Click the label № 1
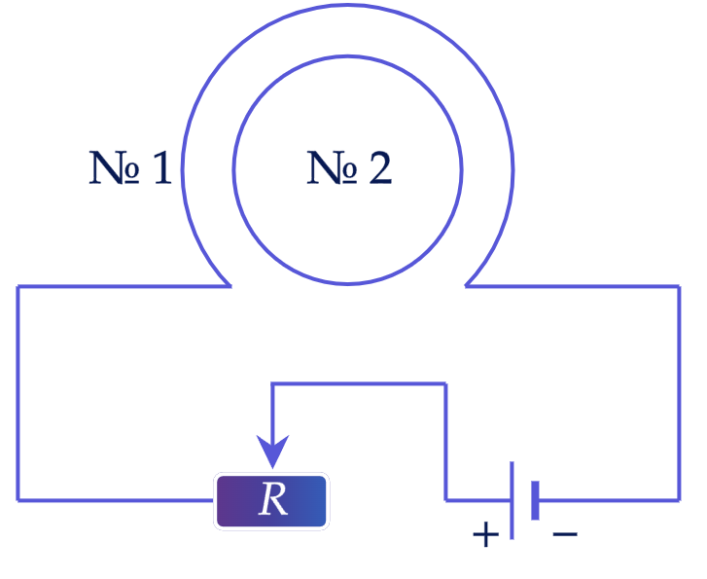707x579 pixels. [130, 167]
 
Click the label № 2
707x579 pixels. [349, 167]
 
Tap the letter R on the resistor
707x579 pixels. [273, 499]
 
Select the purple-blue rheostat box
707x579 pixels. [271, 501]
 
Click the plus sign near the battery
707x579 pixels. [485, 535]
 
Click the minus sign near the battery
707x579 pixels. [565, 534]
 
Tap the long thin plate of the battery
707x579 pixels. [512, 500]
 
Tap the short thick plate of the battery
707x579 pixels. [535, 500]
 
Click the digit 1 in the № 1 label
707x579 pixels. [162, 167]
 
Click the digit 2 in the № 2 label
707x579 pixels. [380, 167]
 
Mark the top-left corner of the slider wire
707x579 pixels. [272, 384]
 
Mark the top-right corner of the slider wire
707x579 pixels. [446, 384]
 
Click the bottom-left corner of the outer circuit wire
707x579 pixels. [18, 500]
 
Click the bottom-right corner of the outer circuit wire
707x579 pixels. [679, 500]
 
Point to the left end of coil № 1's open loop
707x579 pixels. [230, 286]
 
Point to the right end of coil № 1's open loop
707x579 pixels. [466, 286]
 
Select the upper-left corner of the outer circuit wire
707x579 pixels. [18, 286]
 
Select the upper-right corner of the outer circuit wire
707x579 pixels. [679, 286]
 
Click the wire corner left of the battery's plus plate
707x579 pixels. [446, 500]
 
